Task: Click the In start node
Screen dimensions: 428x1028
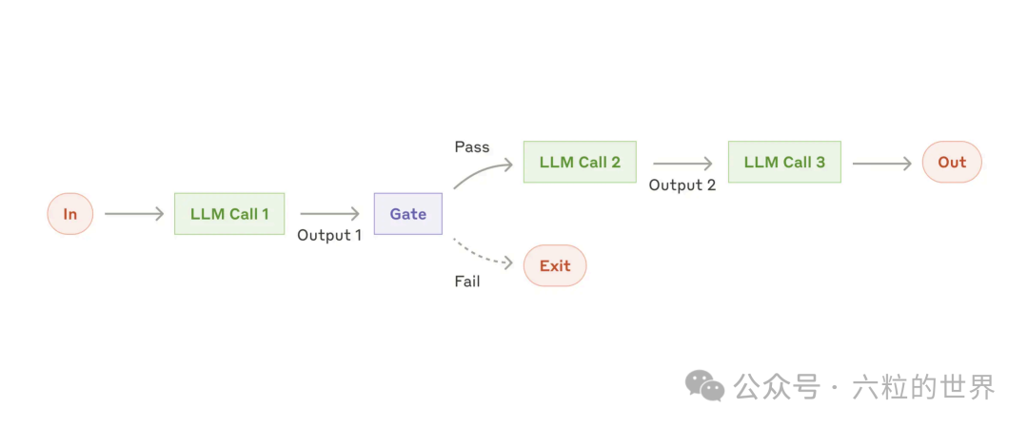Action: click(69, 214)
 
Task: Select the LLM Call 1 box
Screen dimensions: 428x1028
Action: click(229, 214)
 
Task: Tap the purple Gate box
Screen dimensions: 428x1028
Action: click(407, 214)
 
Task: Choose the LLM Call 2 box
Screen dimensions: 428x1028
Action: click(580, 162)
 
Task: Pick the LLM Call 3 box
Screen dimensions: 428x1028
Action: click(784, 162)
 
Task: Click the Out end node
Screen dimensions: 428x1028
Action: click(952, 162)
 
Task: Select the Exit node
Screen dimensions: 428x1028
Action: click(555, 265)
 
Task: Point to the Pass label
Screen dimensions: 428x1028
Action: click(472, 146)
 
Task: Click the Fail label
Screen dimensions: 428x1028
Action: click(467, 282)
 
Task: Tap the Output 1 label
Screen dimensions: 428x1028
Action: click(329, 235)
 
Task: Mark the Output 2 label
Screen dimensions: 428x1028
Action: click(682, 185)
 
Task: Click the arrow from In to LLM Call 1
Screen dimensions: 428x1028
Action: click(134, 214)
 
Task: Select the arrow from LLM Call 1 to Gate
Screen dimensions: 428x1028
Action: click(329, 214)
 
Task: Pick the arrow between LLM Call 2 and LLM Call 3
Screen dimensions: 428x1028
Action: click(682, 163)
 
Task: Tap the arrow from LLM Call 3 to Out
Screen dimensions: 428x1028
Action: click(881, 163)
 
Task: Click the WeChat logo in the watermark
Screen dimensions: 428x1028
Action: click(705, 385)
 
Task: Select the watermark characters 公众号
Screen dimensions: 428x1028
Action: click(776, 387)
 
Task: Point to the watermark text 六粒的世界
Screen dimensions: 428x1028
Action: click(923, 387)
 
